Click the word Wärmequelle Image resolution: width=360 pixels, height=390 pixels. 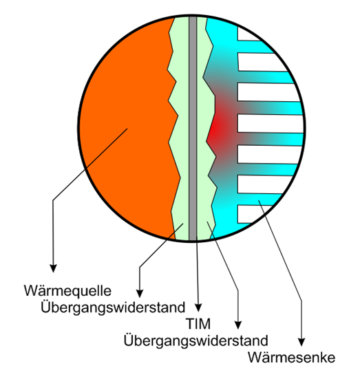pos(67,290)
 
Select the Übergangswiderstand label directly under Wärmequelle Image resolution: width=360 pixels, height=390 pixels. pos(113,308)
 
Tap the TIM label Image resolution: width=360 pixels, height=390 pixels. pos(198,324)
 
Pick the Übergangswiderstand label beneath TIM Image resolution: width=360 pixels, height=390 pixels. pos(196,341)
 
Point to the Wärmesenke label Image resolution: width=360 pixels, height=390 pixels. pos(292,358)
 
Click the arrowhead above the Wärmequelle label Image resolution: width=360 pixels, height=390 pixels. pos(53,268)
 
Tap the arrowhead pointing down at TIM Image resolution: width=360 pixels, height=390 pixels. pos(198,308)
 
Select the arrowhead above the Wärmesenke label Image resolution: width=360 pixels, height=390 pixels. pos(301,342)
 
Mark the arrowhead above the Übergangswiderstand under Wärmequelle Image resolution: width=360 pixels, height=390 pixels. pos(140,294)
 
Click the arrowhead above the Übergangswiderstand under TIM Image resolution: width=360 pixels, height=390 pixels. pos(238,325)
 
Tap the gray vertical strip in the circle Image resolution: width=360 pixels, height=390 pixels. pos(193,128)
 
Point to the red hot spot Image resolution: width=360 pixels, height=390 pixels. pos(219,129)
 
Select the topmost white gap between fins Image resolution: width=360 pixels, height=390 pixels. pos(248,34)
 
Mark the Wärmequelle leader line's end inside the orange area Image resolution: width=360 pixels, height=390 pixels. pos(127,129)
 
